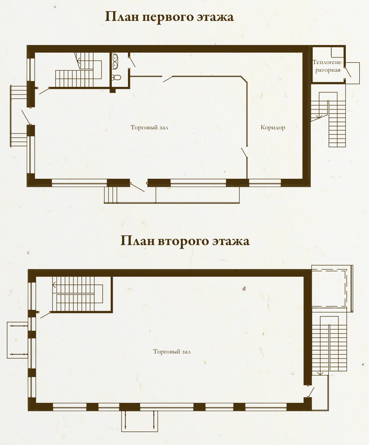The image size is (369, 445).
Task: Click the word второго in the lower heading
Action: (183, 241)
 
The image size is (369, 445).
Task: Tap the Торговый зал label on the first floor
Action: (149, 128)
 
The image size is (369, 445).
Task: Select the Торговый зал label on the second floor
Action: (172, 352)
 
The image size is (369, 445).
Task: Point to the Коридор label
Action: (273, 128)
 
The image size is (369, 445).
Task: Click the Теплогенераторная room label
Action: (328, 66)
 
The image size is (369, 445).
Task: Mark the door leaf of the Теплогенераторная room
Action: (348, 72)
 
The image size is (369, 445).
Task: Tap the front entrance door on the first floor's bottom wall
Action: (137, 187)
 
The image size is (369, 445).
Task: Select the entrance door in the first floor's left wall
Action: (26, 117)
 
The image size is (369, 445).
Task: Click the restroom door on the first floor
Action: (132, 62)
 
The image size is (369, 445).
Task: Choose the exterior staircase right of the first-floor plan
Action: (328, 119)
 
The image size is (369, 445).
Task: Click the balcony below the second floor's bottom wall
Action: (140, 421)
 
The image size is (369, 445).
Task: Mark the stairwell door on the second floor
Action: (45, 315)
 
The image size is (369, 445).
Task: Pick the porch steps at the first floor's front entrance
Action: (110, 195)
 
